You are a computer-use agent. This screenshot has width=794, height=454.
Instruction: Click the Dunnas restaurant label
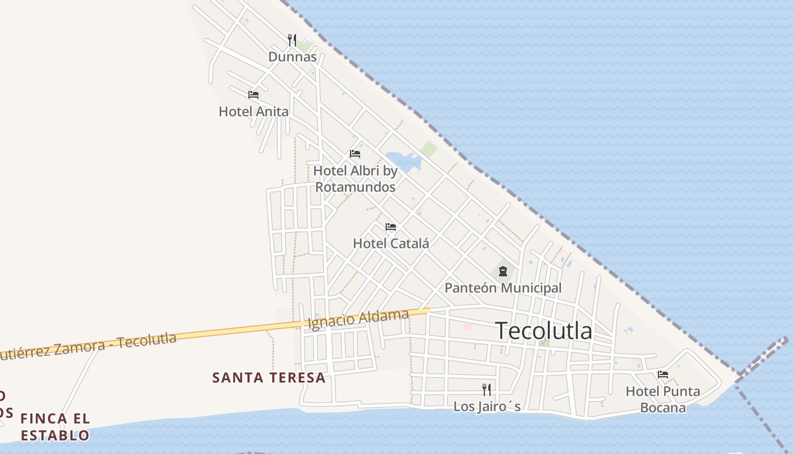coord(292,57)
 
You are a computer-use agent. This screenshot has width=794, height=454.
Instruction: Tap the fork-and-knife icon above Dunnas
coord(292,40)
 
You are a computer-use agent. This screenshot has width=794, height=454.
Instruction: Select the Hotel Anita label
coord(254,111)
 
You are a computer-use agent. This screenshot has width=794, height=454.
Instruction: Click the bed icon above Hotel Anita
coord(254,95)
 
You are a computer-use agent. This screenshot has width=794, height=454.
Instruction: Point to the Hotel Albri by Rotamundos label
coord(356,178)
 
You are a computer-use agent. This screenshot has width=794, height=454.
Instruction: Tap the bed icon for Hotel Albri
coord(355,154)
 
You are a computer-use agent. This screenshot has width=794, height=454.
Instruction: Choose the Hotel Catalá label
coord(391,243)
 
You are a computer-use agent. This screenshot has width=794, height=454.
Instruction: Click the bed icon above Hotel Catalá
coord(391,227)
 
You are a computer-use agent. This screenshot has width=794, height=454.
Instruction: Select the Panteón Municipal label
coord(503,288)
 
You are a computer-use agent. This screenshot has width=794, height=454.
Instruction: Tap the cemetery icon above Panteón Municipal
coord(503,271)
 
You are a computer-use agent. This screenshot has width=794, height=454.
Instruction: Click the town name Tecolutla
coord(544,331)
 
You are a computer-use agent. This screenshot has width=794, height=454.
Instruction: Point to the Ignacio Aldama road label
coord(358,319)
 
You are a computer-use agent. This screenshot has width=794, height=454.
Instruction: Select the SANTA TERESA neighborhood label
coord(269,377)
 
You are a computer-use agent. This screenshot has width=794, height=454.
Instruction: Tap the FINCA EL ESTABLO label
coord(55,427)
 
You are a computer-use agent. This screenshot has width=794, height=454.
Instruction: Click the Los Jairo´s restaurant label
coord(487,406)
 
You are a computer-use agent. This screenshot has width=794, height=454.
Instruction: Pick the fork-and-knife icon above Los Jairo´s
coord(487,390)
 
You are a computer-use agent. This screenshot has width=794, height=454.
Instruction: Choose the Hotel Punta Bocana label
coord(662,399)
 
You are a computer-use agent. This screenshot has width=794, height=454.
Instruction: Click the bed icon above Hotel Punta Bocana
coord(662,375)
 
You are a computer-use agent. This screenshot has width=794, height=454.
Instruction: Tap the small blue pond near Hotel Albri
coord(403,161)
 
